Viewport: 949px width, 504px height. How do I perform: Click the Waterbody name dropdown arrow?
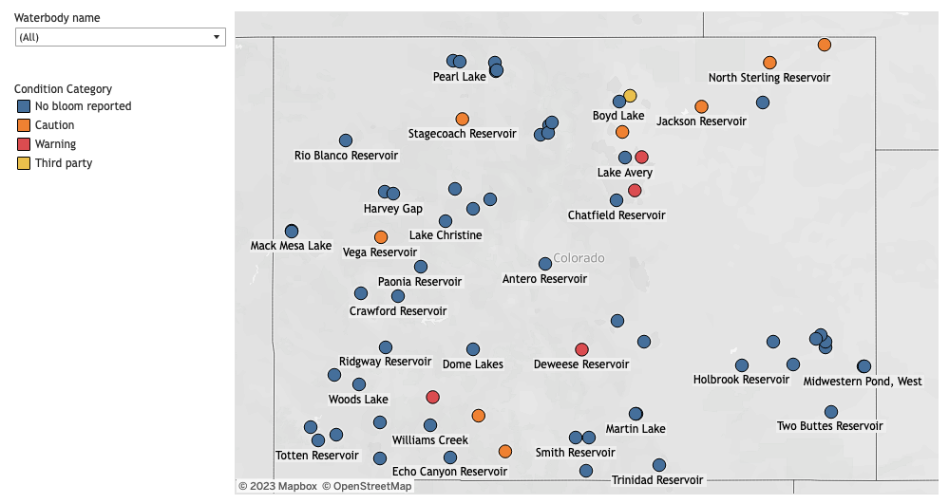[217, 37]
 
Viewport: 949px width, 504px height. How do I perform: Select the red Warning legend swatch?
[23, 144]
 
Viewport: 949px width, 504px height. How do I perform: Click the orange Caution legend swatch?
[23, 125]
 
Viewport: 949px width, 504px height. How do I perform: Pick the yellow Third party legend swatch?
[23, 163]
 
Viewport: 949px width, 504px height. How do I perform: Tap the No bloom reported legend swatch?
[23, 106]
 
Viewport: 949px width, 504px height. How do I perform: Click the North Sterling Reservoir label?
[769, 78]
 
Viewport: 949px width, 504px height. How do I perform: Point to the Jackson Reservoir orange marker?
[701, 106]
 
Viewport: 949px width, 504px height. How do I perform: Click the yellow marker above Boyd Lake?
[630, 96]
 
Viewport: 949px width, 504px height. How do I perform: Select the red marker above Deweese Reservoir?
[581, 349]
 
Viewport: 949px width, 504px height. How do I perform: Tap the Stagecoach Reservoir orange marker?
[462, 119]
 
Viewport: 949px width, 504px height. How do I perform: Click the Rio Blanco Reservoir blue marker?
[346, 140]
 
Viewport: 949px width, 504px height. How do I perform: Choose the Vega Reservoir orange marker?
[381, 236]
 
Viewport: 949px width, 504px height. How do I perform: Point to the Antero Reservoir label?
[544, 279]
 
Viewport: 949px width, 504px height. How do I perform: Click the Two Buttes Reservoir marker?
[831, 412]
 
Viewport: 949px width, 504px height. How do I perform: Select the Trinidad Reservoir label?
[657, 480]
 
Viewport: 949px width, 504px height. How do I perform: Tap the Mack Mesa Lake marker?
[292, 232]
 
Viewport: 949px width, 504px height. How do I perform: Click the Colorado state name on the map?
[579, 258]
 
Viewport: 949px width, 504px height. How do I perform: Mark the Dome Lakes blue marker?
[473, 349]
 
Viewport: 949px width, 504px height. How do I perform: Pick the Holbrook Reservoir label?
[741, 380]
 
